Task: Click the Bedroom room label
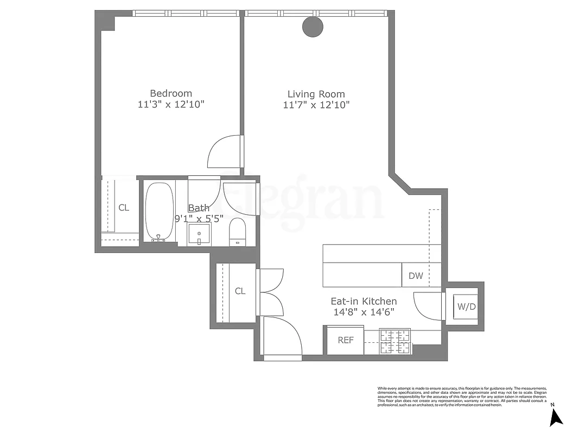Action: tap(171, 93)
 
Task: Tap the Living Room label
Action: tap(316, 94)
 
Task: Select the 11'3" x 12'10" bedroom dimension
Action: tap(171, 105)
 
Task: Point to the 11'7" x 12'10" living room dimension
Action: tap(316, 105)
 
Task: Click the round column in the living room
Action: tap(312, 27)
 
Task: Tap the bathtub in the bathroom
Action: tap(159, 212)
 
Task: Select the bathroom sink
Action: tap(199, 235)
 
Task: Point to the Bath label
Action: tap(199, 208)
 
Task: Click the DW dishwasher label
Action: tap(416, 276)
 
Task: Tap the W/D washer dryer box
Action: tap(466, 307)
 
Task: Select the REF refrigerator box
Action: tap(346, 341)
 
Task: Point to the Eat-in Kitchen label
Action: tap(364, 301)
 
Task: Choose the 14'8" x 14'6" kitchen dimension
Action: tap(364, 312)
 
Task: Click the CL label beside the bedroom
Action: tap(124, 208)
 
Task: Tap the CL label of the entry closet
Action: tap(240, 291)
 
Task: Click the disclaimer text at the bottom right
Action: tap(461, 396)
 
